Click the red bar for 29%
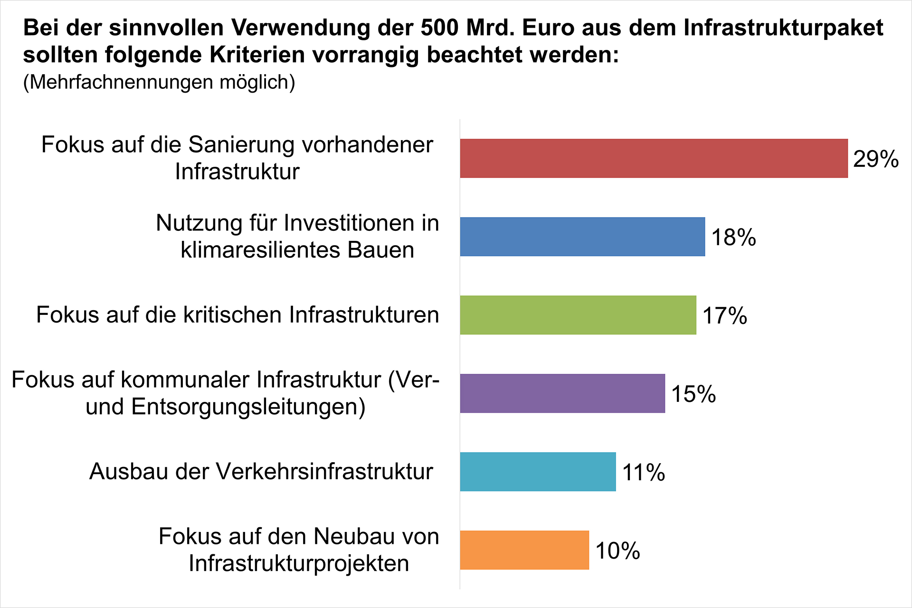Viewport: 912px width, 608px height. [x=654, y=158]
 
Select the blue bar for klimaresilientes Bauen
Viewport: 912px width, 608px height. [x=582, y=237]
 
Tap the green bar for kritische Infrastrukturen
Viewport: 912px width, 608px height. [x=578, y=315]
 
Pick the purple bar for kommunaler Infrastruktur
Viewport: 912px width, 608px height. [x=562, y=393]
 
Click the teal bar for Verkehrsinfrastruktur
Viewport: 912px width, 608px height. [x=538, y=472]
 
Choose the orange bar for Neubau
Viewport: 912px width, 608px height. [x=524, y=550]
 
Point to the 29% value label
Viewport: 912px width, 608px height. [x=875, y=159]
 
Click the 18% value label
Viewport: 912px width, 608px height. [x=733, y=237]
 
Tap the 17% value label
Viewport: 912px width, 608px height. [x=724, y=315]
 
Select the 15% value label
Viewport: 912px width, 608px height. [x=693, y=394]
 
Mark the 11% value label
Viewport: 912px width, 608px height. [x=643, y=472]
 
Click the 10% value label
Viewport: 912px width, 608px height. [x=617, y=551]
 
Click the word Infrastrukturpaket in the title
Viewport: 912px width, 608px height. [x=783, y=28]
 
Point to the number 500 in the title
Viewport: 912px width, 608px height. [x=440, y=28]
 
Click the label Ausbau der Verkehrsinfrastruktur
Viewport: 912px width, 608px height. [x=261, y=472]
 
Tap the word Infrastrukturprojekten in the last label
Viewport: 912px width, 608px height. [x=299, y=563]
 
